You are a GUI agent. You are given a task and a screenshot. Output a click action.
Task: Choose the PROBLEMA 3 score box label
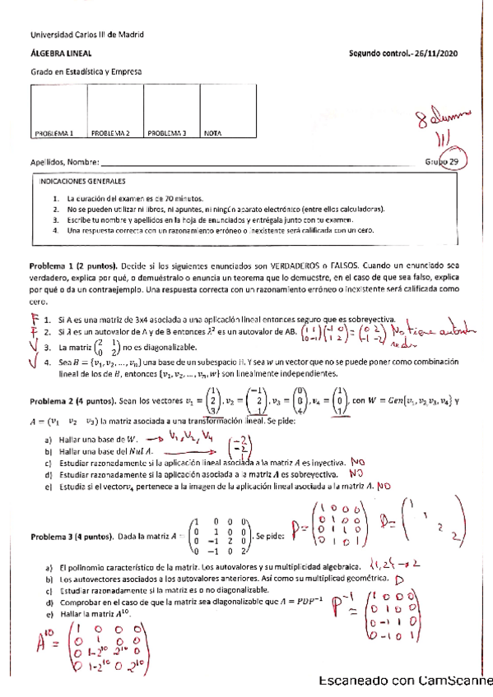coord(166,132)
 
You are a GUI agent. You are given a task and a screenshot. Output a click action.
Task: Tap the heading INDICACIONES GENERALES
coord(82,181)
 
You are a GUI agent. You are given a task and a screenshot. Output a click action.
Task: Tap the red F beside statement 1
coord(35,319)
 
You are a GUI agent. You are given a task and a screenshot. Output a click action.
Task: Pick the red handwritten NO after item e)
coord(384,487)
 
